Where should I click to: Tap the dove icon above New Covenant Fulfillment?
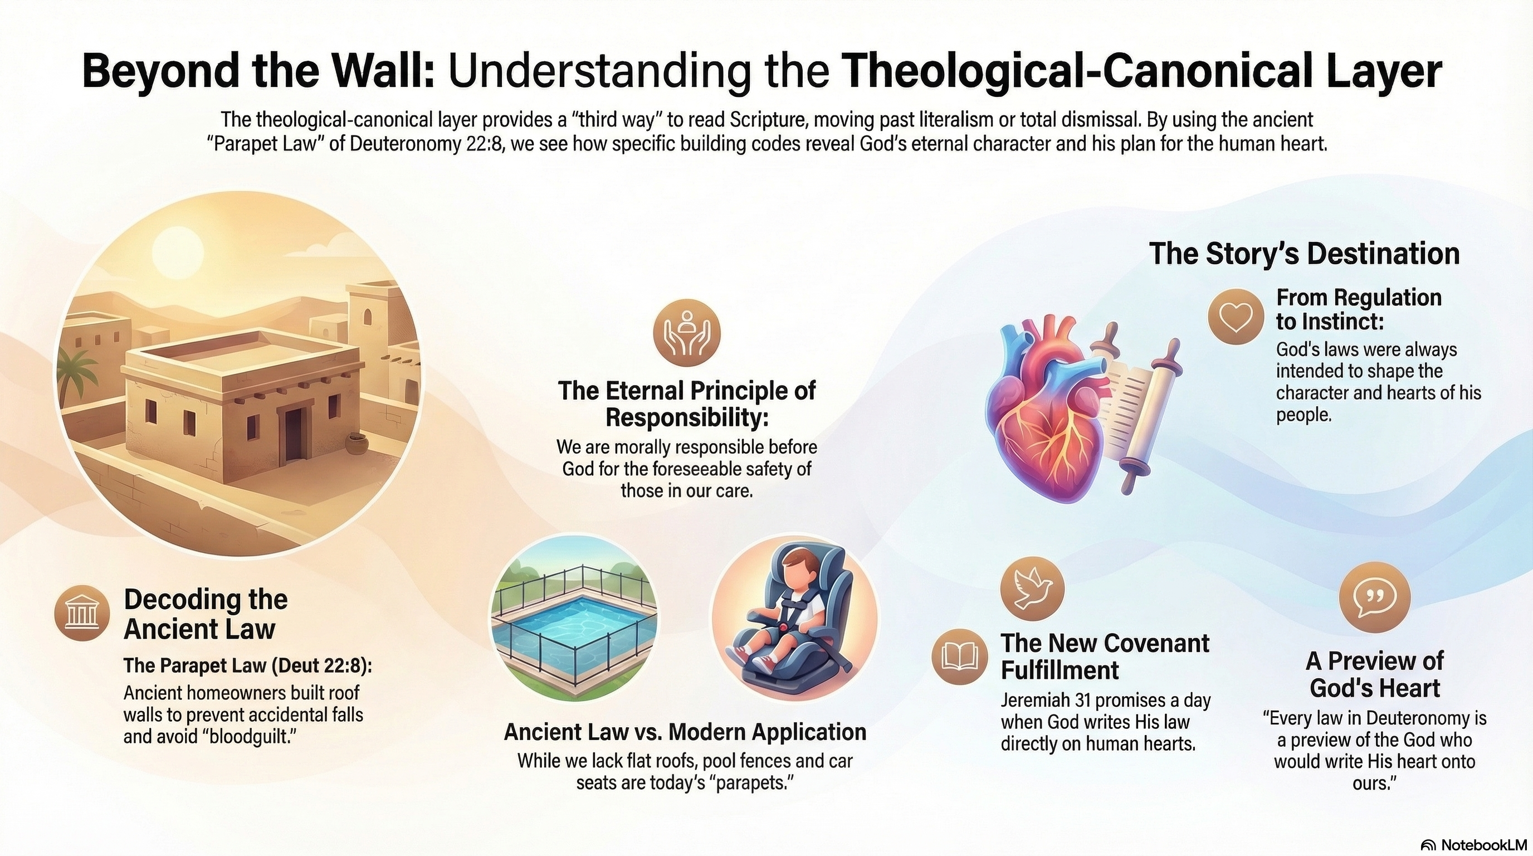pyautogui.click(x=1032, y=588)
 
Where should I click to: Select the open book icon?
pyautogui.click(x=959, y=656)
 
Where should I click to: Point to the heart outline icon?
pyautogui.click(x=1236, y=316)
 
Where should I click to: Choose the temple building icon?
pyautogui.click(x=82, y=613)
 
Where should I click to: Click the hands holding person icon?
pyautogui.click(x=687, y=332)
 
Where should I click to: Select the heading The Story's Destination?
pyautogui.click(x=1305, y=254)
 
